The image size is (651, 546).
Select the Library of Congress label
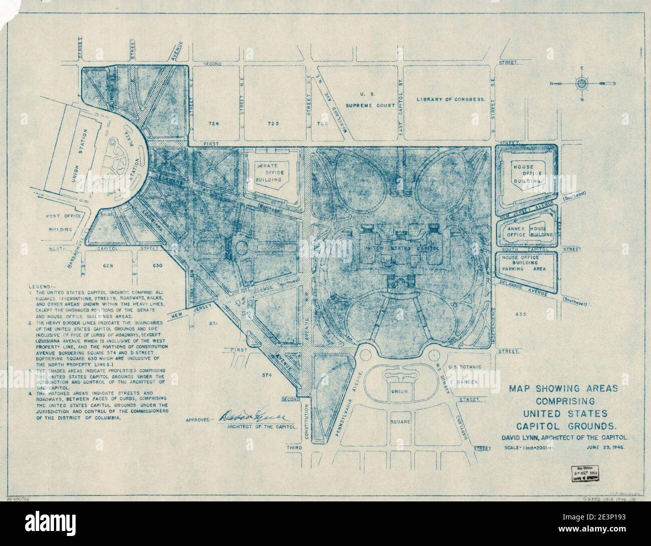(x=451, y=100)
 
